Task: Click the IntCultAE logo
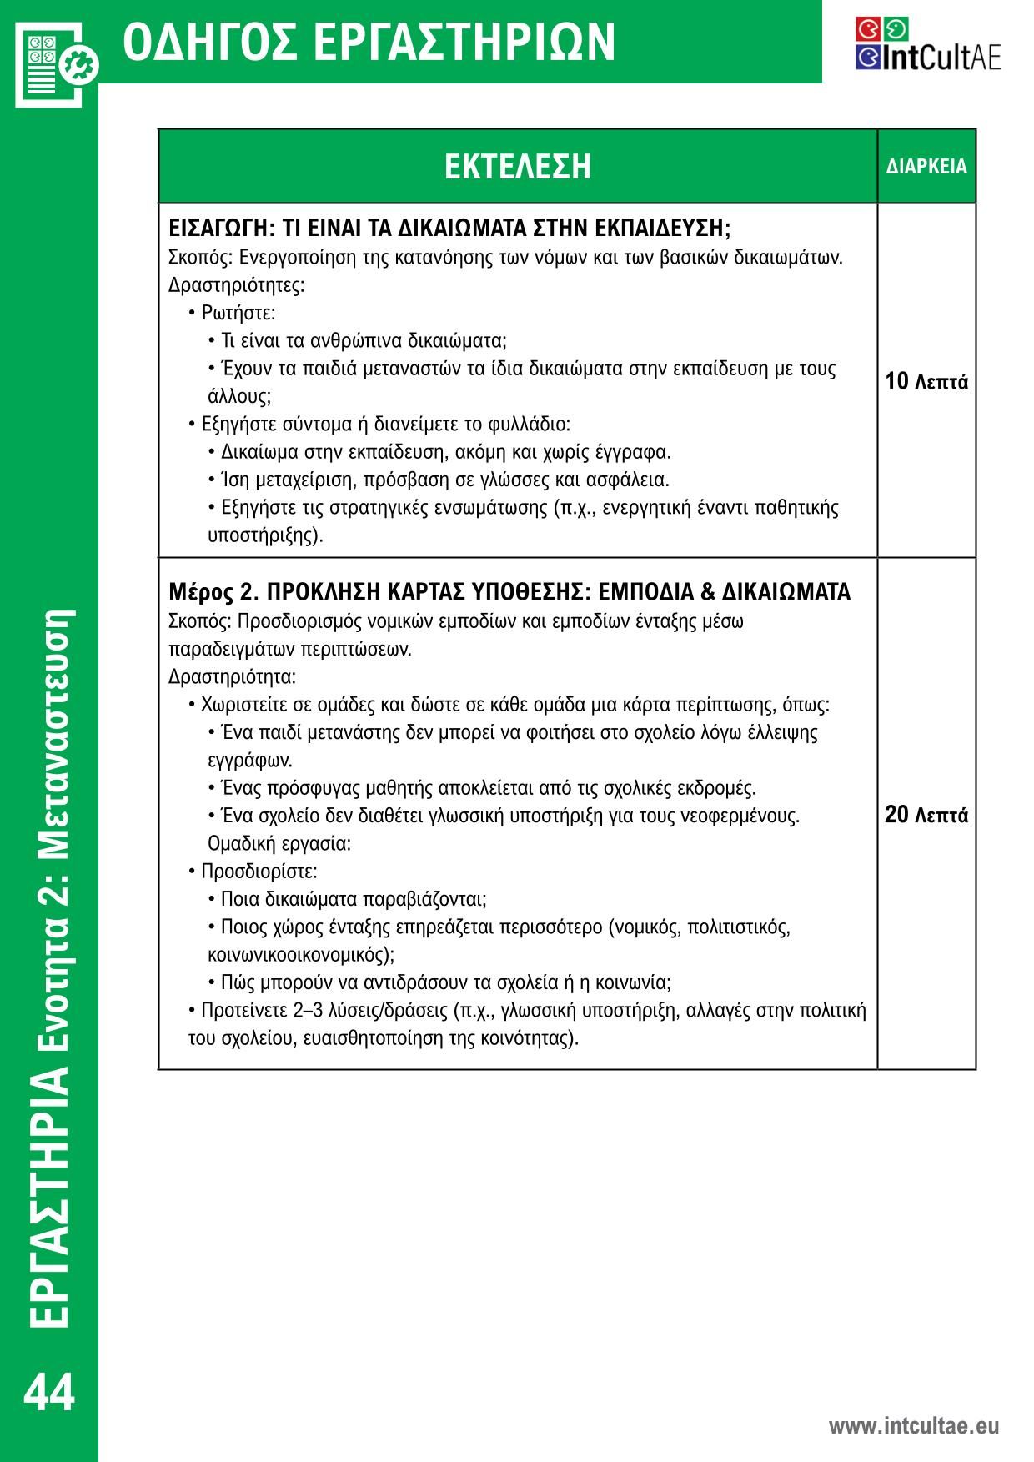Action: [x=927, y=46]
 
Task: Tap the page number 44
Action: [x=49, y=1393]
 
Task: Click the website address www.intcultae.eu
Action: [x=913, y=1425]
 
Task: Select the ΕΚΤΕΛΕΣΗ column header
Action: [x=517, y=166]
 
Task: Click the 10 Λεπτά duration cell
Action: [x=926, y=382]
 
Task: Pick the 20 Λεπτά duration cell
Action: [x=926, y=815]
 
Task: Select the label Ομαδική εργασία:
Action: [x=279, y=843]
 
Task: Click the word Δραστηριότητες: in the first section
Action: [x=237, y=285]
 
